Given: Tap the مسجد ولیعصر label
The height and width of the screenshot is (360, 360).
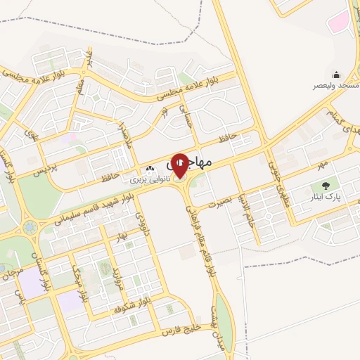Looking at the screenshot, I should coord(336,85).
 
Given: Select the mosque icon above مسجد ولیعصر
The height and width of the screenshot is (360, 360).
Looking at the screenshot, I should coord(336,75).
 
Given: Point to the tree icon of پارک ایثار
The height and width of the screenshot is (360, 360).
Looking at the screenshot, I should coord(325,186).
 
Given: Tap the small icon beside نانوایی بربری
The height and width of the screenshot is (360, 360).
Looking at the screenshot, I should coord(149,169).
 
